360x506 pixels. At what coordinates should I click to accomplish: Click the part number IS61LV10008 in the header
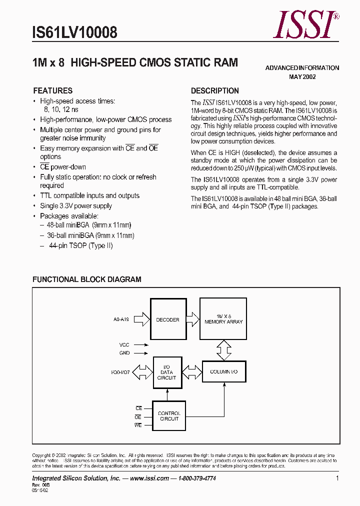[75, 33]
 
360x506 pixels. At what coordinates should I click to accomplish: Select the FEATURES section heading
[52, 90]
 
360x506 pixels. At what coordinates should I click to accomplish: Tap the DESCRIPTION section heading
[215, 90]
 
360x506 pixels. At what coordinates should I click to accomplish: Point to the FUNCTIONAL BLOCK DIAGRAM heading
[87, 279]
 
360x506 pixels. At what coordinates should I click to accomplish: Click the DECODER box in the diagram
[168, 319]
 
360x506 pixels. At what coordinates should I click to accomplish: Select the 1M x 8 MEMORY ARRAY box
[223, 319]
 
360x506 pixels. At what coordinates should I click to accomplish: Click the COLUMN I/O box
[223, 372]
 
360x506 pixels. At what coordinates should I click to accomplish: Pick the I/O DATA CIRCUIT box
[166, 372]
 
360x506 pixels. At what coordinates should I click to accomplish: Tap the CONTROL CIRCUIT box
[168, 415]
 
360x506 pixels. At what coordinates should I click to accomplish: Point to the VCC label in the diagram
[124, 344]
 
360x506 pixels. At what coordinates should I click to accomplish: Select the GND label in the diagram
[124, 352]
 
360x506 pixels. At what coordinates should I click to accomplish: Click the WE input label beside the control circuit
[138, 425]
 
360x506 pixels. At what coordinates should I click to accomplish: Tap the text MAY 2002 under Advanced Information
[302, 77]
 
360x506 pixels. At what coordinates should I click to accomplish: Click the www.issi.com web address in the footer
[148, 478]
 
